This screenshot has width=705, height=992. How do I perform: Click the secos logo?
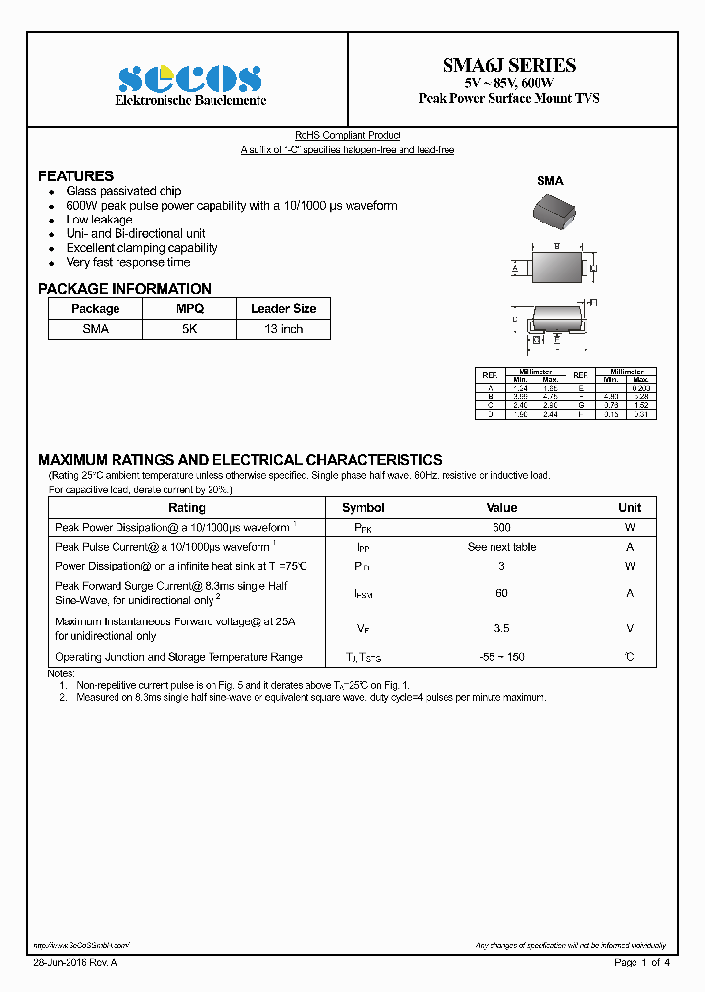pyautogui.click(x=190, y=78)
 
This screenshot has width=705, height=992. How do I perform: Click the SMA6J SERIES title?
pyautogui.click(x=509, y=66)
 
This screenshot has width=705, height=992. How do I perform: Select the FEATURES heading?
pyautogui.click(x=75, y=176)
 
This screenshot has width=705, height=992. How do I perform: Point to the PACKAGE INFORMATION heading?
pyautogui.click(x=124, y=289)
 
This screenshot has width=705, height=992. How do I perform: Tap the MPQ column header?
pyautogui.click(x=189, y=309)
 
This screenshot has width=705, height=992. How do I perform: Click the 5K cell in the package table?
pyautogui.click(x=189, y=329)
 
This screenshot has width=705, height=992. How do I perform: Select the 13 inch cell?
pyautogui.click(x=283, y=329)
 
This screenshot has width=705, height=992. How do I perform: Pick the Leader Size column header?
pyautogui.click(x=283, y=309)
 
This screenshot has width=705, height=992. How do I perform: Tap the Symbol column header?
pyautogui.click(x=362, y=508)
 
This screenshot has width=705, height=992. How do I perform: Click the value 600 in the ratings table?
pyautogui.click(x=501, y=527)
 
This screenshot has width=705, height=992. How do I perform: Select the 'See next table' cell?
pyautogui.click(x=501, y=547)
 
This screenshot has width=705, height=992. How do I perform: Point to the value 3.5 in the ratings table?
pyautogui.click(x=501, y=628)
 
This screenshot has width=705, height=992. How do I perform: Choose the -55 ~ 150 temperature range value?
pyautogui.click(x=501, y=657)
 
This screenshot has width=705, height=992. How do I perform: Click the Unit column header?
pyautogui.click(x=630, y=508)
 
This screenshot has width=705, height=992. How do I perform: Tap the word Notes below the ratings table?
pyautogui.click(x=61, y=673)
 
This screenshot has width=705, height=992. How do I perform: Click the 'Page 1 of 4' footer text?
pyautogui.click(x=641, y=963)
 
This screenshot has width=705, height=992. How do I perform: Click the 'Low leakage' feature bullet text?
pyautogui.click(x=99, y=220)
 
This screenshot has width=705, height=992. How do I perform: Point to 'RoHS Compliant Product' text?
pyautogui.click(x=348, y=136)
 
